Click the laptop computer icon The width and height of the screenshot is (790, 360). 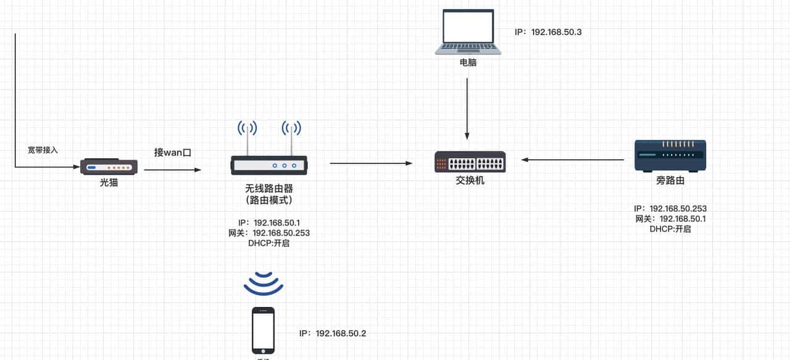[468, 31]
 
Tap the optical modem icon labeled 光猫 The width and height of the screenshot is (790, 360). [109, 167]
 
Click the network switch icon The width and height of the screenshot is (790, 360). [470, 162]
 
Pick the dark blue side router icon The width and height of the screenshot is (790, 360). [670, 156]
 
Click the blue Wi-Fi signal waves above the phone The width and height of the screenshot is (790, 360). [264, 283]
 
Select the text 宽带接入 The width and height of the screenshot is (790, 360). [43, 150]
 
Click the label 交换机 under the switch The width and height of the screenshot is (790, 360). [470, 180]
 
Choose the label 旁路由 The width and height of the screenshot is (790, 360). [670, 181]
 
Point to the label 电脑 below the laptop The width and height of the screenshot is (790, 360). [468, 62]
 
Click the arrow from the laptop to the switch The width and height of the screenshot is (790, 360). [467, 108]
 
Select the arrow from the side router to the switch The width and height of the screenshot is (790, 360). [572, 160]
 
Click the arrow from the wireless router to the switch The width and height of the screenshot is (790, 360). [371, 163]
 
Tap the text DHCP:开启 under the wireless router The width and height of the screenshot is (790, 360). [268, 243]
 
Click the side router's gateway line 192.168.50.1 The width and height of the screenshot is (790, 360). [670, 219]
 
